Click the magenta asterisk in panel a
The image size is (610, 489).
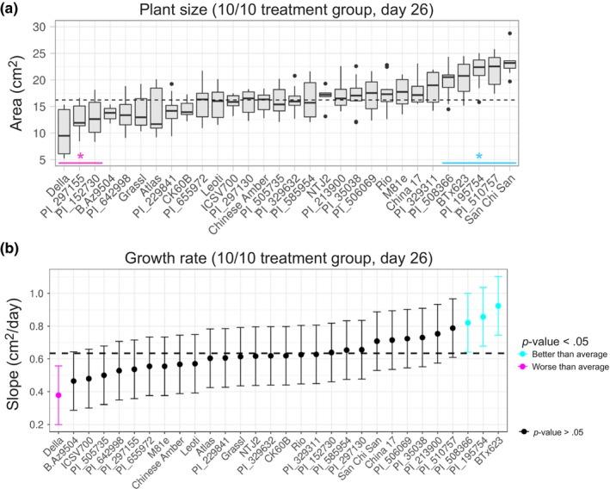point(80,157)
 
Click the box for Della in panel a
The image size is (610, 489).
point(63,131)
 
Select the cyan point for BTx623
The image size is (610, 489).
point(498,306)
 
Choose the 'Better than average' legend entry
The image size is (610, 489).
point(549,354)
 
